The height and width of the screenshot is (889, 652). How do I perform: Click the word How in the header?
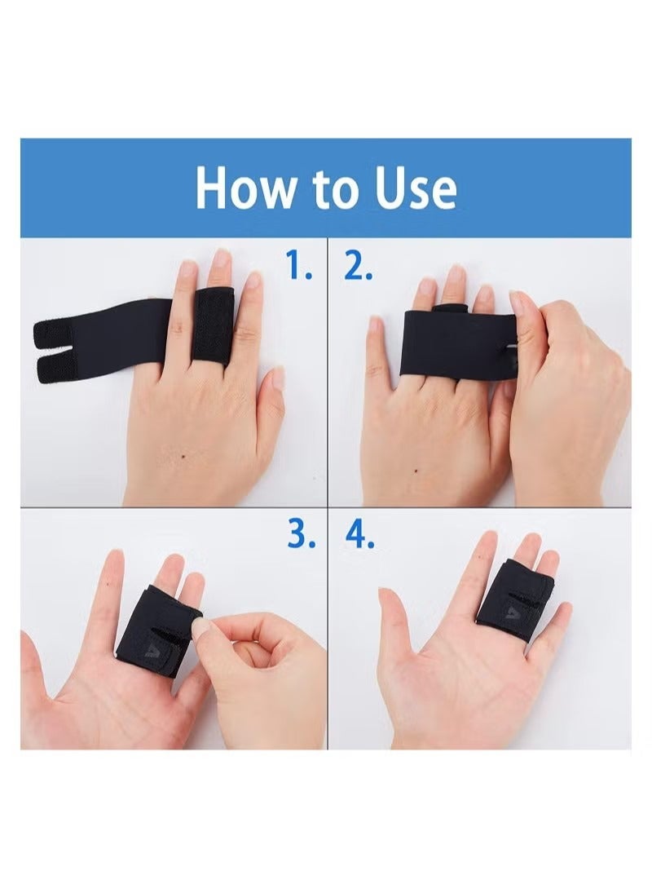point(244,188)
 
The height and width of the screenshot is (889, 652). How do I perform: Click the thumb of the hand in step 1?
point(273,391)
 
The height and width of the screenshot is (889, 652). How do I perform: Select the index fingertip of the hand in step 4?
point(489,542)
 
